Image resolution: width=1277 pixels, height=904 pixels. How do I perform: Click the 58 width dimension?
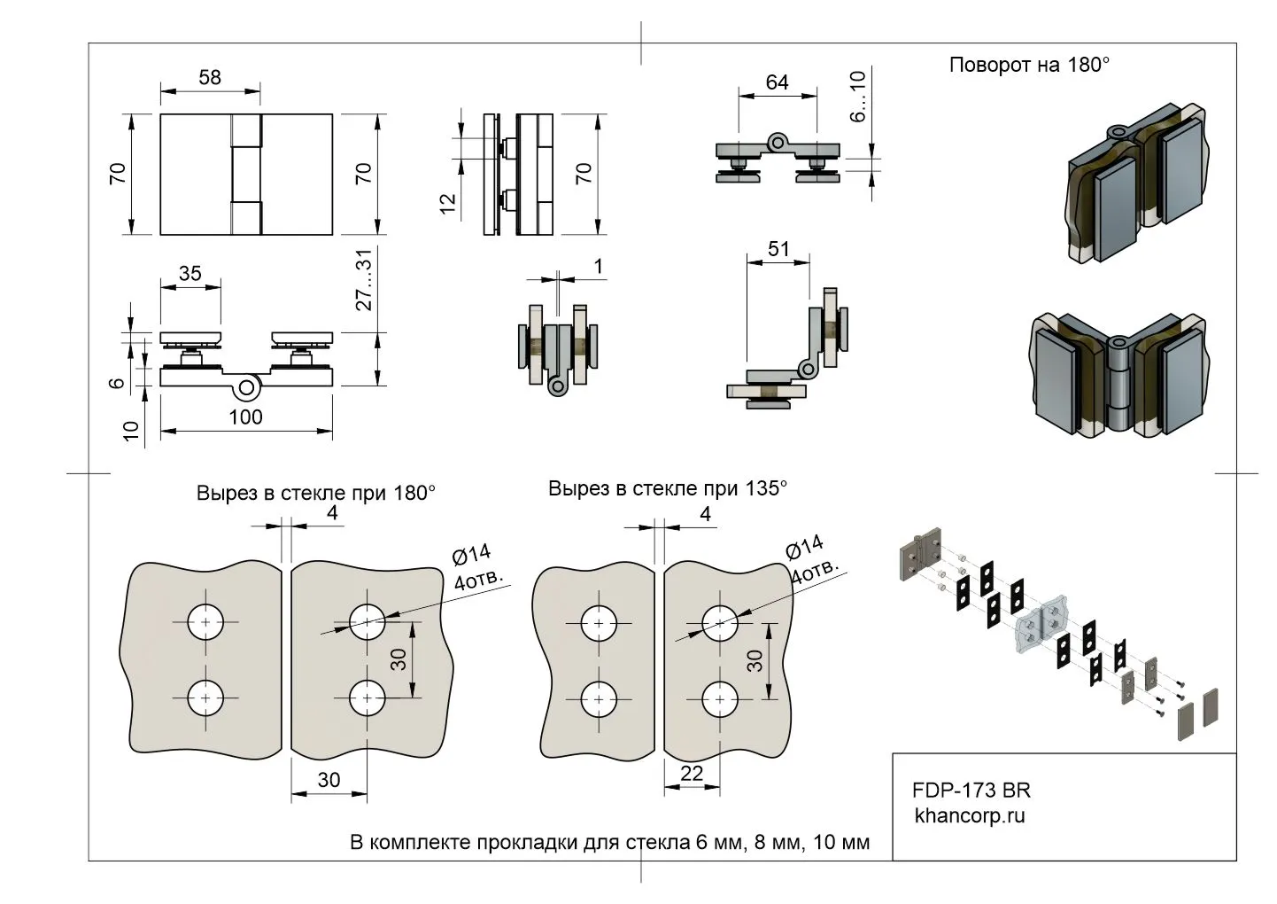(x=210, y=77)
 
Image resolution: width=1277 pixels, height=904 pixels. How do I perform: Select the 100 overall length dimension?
(x=245, y=417)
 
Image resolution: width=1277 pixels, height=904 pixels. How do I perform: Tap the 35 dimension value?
(x=190, y=273)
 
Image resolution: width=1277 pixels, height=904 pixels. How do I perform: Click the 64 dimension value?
(x=777, y=82)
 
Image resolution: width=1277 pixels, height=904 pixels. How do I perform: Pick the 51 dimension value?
(x=778, y=249)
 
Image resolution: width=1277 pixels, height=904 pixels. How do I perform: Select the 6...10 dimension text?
(x=856, y=97)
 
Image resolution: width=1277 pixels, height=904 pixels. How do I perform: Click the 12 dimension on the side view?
(x=447, y=205)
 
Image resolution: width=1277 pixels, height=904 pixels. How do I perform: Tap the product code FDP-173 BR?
(x=971, y=790)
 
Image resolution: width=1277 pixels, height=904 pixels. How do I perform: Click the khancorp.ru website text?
(x=969, y=815)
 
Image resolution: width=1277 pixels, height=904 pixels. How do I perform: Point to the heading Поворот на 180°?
(x=1029, y=65)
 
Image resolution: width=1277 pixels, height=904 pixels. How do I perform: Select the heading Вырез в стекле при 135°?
(x=667, y=488)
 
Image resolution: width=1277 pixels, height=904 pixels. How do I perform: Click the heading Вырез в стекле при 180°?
(x=315, y=493)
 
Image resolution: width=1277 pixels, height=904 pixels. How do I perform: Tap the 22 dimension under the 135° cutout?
(x=692, y=773)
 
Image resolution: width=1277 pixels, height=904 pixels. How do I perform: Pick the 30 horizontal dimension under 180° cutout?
(x=329, y=779)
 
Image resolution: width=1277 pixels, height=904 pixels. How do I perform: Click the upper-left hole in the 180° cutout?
(x=206, y=623)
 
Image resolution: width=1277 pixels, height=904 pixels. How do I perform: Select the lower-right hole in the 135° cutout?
(x=720, y=699)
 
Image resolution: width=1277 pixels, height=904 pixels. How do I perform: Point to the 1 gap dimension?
(x=599, y=266)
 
